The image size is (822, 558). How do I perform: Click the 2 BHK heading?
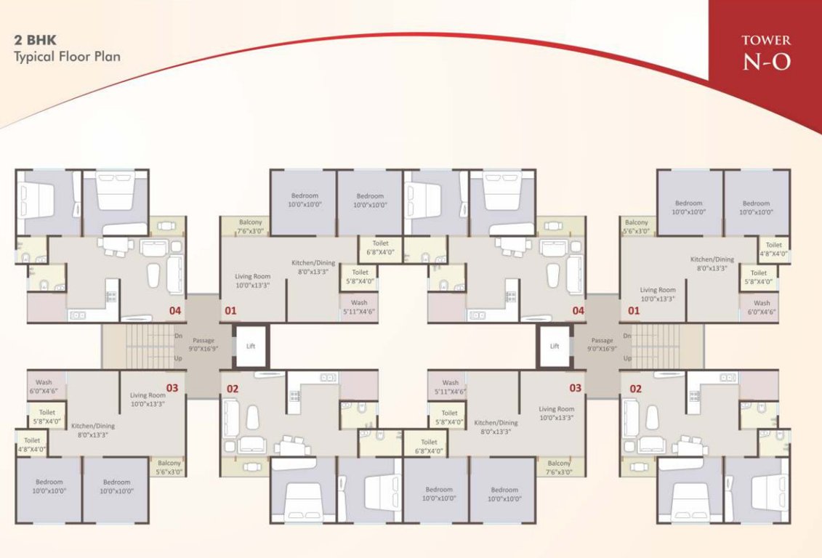coord(33,41)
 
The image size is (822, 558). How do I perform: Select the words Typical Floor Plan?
coord(67,56)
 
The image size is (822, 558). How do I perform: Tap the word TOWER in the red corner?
coord(766,41)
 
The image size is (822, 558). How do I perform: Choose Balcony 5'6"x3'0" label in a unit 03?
coord(169,467)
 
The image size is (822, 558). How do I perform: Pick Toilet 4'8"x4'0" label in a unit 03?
coord(32,444)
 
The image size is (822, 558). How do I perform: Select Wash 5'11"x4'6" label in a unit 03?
coord(450,387)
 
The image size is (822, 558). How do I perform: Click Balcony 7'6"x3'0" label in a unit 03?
coord(559,467)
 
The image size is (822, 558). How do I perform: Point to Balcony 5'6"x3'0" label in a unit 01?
coord(636,226)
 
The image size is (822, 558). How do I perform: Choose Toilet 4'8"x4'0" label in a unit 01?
coord(773,249)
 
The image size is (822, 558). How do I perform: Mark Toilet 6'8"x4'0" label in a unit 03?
coord(429,445)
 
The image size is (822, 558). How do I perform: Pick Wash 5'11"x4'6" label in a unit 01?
coord(358,307)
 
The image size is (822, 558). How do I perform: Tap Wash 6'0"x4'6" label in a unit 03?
coord(43,387)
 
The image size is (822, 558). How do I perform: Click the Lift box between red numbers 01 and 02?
coord(251,346)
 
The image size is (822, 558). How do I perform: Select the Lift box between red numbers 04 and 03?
coord(555,346)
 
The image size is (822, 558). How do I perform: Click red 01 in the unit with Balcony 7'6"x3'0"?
coord(230,311)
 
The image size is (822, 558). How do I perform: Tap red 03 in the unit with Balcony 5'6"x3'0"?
coord(172,387)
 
